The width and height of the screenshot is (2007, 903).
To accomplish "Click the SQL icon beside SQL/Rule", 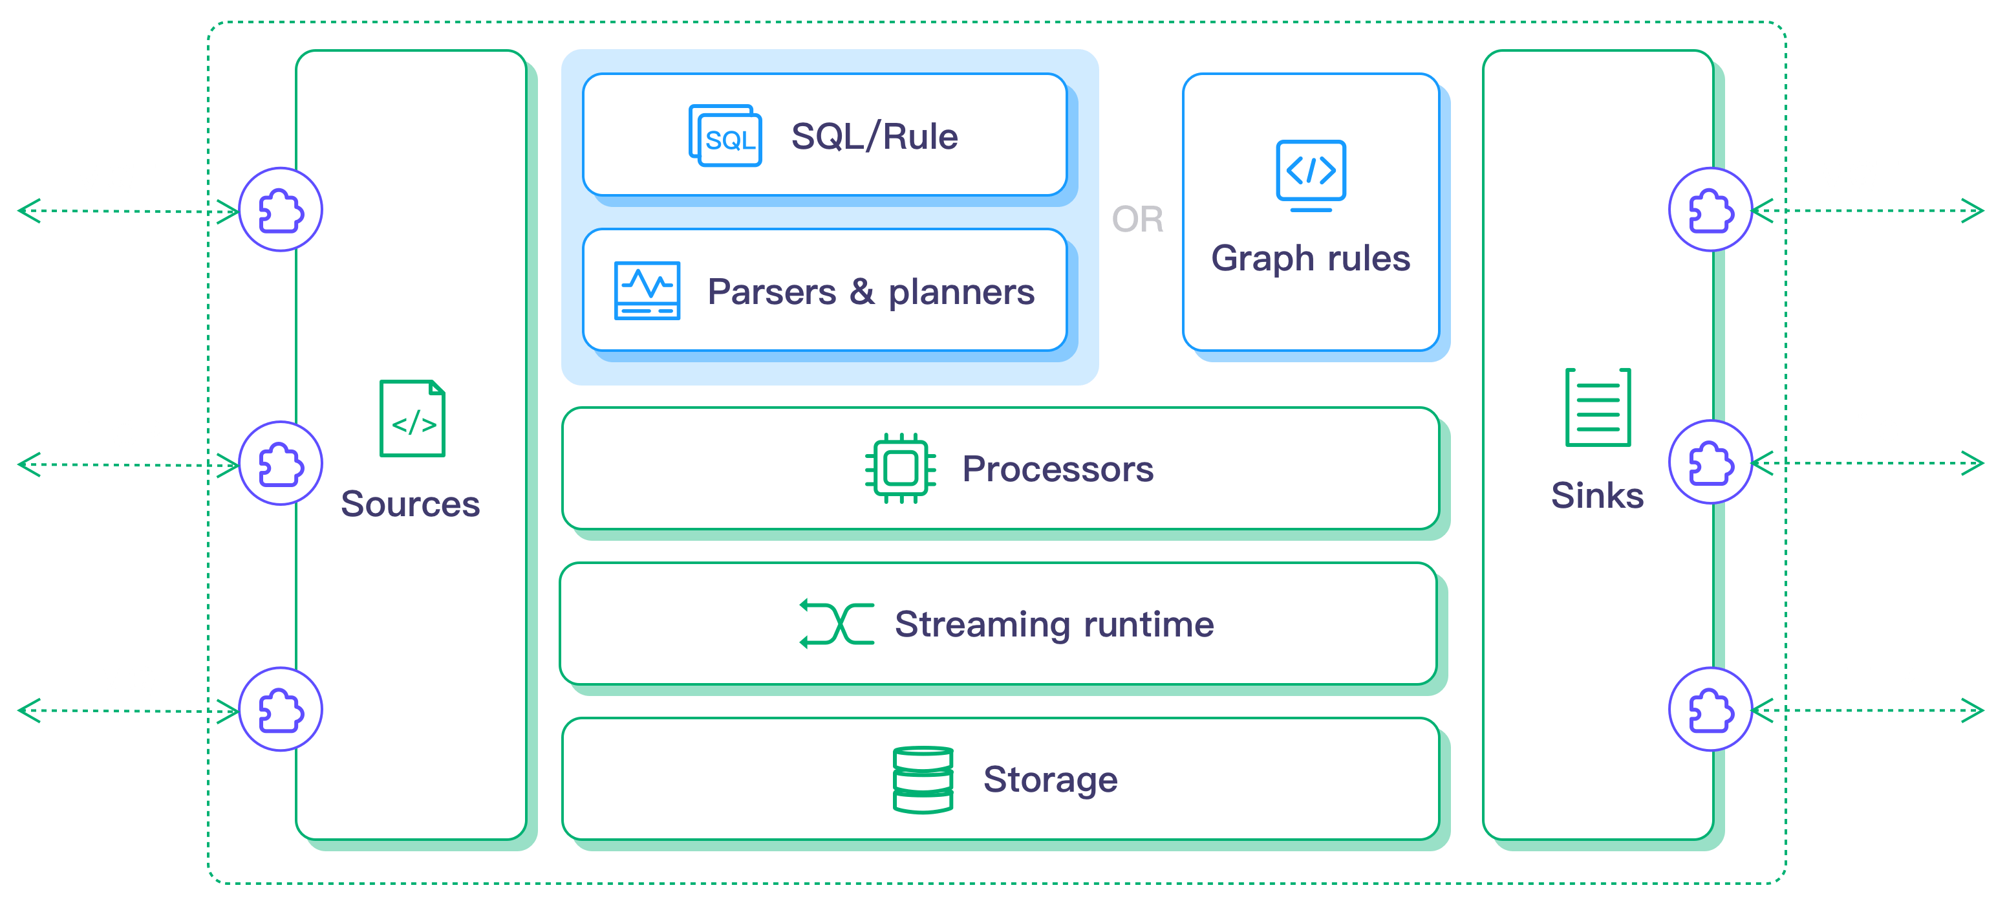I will (x=725, y=136).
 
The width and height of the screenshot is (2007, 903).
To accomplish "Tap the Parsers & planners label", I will (x=870, y=292).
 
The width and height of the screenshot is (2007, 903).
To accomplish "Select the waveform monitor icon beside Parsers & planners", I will (x=647, y=290).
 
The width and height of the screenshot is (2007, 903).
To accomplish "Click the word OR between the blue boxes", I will (x=1137, y=220).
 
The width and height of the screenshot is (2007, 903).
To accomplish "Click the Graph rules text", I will (x=1311, y=259).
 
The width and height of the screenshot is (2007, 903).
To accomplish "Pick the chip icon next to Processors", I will (x=900, y=468).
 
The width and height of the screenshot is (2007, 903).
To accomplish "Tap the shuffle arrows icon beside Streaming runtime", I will (x=837, y=624).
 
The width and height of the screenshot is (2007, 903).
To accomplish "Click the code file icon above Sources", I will (x=412, y=419).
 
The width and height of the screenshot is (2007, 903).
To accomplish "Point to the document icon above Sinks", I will (x=1597, y=408).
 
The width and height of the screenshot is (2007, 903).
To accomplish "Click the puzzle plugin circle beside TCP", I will (x=281, y=464).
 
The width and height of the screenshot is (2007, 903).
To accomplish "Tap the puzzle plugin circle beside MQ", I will (x=281, y=710).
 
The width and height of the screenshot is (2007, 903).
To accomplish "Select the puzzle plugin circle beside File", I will (x=1710, y=462).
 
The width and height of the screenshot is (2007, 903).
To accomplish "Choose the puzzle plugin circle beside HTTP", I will (x=1710, y=710).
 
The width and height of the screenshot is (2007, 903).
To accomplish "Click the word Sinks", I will (x=1597, y=495).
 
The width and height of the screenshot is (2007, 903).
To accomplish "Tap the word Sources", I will (x=411, y=504).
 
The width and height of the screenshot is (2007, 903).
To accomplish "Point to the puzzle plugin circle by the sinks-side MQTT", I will (x=1710, y=210).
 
